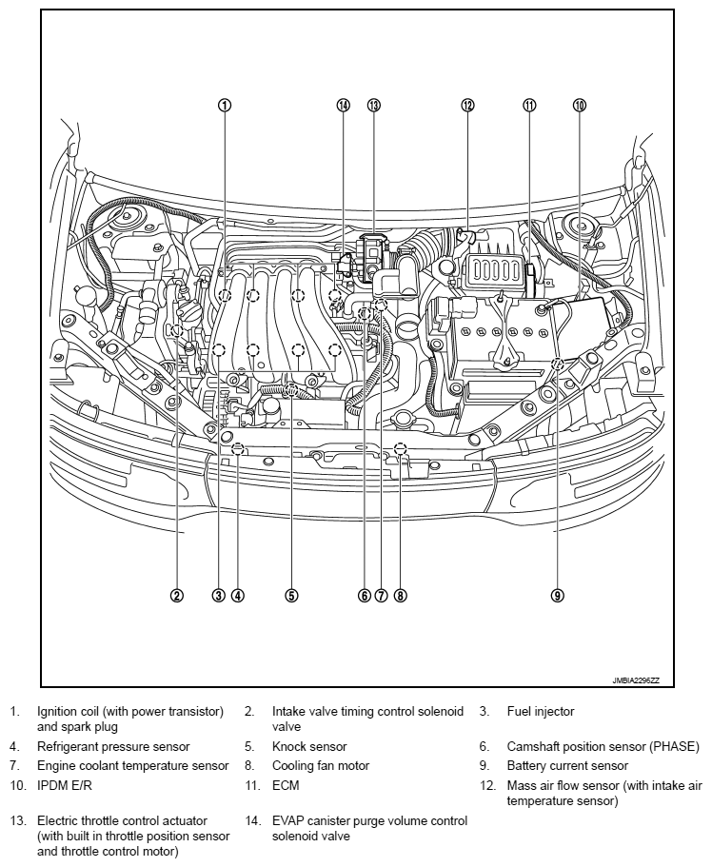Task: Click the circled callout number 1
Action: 224,106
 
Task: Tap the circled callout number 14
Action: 344,106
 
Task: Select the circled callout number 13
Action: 373,106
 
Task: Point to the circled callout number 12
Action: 467,106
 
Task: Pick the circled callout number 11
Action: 529,106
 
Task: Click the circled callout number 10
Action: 580,106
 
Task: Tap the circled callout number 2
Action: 177,596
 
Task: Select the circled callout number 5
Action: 291,596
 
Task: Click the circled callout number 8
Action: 401,596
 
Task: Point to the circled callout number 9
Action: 558,596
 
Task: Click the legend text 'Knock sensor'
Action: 309,747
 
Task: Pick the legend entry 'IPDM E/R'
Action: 66,786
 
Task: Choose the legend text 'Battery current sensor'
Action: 567,766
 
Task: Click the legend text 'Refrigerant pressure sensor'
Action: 113,747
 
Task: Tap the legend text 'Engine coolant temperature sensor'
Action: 132,766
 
